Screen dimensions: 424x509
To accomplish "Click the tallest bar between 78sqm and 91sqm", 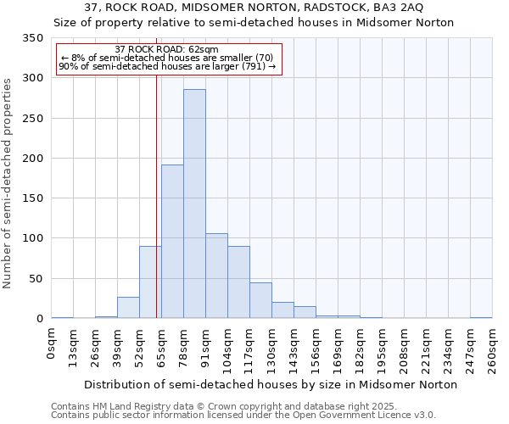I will point(194,204).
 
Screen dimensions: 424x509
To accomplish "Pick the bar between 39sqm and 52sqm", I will point(128,308).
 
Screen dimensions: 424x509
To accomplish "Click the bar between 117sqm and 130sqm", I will point(260,300).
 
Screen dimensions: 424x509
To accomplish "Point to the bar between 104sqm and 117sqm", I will point(238,282).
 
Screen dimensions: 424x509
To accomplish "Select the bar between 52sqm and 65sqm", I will point(150,282).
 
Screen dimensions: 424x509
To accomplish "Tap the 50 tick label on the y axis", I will point(36,279).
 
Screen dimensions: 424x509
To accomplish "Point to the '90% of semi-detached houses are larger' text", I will point(166,66).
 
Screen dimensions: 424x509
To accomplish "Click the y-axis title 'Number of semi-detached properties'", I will point(8,182).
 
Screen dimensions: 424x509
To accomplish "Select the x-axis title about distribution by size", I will point(271,384).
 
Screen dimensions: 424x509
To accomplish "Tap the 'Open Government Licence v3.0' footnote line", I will point(243,415).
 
